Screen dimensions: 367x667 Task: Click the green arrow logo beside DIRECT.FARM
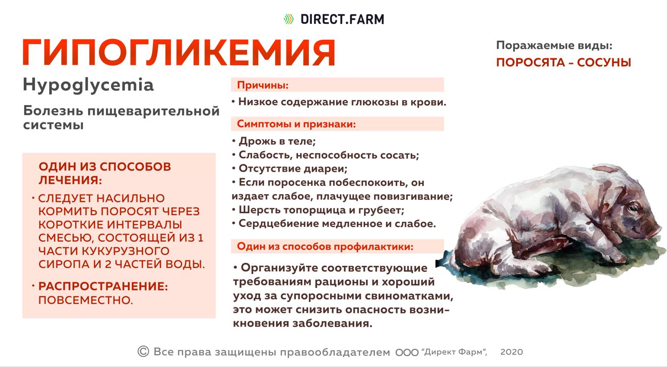pos(288,19)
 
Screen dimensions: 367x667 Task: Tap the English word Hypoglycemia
pos(88,85)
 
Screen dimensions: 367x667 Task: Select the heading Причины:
pos(263,85)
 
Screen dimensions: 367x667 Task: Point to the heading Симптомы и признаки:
pos(296,124)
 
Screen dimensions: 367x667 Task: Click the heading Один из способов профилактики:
pos(325,247)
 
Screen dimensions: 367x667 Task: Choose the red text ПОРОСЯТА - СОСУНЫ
pos(563,63)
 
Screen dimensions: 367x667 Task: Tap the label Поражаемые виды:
pos(554,45)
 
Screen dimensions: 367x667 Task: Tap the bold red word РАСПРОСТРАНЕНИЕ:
pos(103,287)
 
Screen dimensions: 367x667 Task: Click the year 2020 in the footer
pos(511,352)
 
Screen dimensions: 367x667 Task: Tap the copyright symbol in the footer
pos(143,351)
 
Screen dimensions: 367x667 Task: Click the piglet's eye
pos(634,209)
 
